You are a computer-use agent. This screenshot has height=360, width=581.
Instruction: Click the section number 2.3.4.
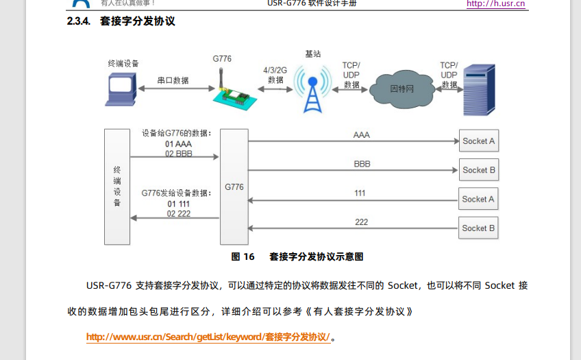(x=79, y=21)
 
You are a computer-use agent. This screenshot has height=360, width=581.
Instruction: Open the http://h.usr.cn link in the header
(x=495, y=4)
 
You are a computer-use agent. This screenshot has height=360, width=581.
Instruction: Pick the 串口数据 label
(x=173, y=80)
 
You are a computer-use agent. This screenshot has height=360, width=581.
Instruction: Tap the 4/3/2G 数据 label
(x=275, y=75)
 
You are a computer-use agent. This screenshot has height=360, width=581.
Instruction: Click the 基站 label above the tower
(x=312, y=53)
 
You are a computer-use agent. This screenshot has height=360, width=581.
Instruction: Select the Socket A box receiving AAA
(x=478, y=141)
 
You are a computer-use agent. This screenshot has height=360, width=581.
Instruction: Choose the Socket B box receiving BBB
(x=478, y=170)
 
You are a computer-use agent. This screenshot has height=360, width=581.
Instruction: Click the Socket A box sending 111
(x=478, y=199)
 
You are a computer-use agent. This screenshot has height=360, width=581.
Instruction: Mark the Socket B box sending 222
(x=478, y=228)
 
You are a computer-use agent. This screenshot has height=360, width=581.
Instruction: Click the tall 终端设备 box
(x=116, y=186)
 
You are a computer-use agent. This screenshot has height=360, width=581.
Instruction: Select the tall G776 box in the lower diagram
(x=234, y=186)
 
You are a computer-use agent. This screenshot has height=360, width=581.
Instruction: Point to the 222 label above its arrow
(x=361, y=221)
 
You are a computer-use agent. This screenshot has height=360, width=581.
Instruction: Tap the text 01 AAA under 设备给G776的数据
(x=178, y=144)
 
